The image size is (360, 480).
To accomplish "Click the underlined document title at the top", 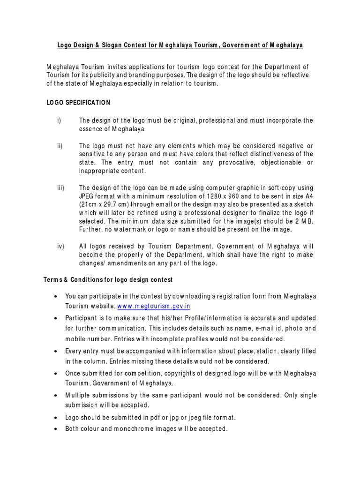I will click(x=180, y=45).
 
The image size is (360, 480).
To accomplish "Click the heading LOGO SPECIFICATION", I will click(x=78, y=102).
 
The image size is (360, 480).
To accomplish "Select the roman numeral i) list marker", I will click(x=59, y=120).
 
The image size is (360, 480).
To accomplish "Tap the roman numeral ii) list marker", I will click(x=60, y=146).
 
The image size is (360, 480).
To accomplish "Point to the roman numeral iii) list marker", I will click(x=61, y=187).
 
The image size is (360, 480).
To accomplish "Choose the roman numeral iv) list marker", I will click(x=61, y=246).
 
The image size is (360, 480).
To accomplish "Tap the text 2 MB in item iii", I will click(x=305, y=221).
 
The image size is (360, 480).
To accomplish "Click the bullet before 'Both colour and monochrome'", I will click(x=56, y=428).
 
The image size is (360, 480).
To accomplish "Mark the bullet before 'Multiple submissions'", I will click(x=56, y=396).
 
